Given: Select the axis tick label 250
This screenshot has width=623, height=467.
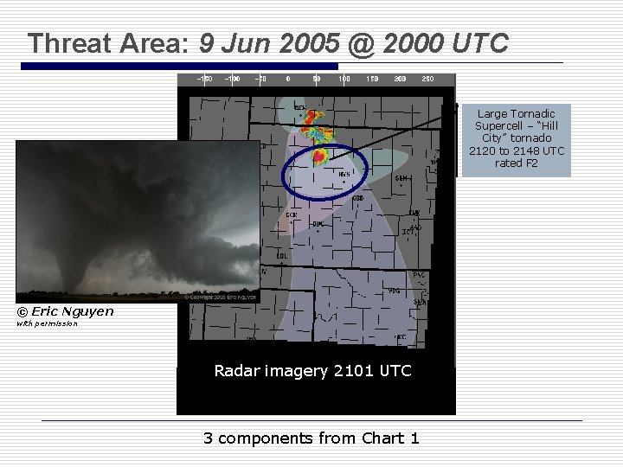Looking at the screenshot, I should tap(427, 79).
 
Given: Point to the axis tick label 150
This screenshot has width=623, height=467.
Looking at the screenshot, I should tap(372, 79).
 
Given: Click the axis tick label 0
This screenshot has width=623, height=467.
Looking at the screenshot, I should tap(288, 79).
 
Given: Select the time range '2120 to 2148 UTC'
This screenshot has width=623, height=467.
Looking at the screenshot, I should tap(516, 150).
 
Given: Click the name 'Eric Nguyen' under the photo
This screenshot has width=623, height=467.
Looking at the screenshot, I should tap(73, 311).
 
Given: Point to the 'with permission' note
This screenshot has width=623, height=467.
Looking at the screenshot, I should tap(47, 323).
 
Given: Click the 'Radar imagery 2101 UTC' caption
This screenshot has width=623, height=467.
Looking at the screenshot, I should tap(313, 371).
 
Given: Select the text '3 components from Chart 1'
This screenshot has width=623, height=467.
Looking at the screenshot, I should tap(311, 438).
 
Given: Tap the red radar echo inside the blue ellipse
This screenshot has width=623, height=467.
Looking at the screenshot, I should tap(319, 156).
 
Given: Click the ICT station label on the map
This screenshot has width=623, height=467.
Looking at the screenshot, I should tap(407, 232).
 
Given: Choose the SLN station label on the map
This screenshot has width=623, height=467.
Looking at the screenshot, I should tap(401, 178).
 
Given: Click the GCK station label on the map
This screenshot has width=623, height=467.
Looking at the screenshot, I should tap(292, 214).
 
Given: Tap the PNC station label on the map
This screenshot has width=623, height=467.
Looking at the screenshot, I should tap(419, 275).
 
